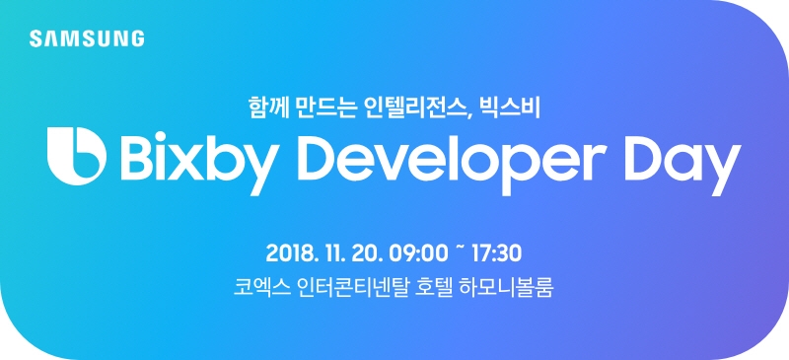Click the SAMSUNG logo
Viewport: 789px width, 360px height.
coord(87,38)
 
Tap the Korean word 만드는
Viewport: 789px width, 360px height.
coord(328,103)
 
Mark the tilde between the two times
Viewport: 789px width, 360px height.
coord(461,251)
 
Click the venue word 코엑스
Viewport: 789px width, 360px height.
coord(254,290)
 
